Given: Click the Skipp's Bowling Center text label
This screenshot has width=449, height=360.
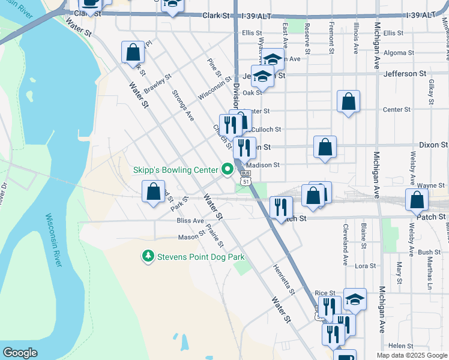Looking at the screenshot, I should point(175,170).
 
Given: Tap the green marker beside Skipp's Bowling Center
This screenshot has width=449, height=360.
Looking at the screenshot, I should point(228,170).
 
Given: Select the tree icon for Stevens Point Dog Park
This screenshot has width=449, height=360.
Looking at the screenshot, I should point(148,257).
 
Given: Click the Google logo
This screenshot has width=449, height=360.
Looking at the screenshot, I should point(20,353).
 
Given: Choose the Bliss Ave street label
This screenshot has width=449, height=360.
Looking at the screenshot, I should point(190,221).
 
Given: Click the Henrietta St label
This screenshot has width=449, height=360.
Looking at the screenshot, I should point(283,280).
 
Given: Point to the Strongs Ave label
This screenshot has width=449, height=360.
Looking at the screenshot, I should point(182,106).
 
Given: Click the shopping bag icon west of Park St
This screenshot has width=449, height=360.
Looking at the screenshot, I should point(154,192).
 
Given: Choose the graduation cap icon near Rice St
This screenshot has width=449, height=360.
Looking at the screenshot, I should point(355,299).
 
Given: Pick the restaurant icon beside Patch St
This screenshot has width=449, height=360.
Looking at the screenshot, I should point(281,208).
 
